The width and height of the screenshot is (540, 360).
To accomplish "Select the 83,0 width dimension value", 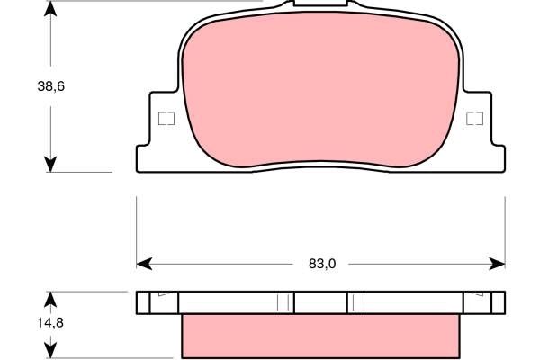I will (321, 264).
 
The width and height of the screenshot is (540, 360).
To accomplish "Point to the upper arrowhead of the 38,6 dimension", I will (51, 9).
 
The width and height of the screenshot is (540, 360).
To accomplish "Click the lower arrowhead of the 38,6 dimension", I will (51, 163).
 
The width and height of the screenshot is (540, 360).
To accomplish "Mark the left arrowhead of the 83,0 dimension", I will (143, 264).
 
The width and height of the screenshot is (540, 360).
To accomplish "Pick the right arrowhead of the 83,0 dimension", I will (499, 264).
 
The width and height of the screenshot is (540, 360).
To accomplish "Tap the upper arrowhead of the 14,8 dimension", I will (51, 299).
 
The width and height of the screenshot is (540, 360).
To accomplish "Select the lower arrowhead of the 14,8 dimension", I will (51, 349).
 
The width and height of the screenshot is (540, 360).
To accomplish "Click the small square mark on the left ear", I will (165, 118).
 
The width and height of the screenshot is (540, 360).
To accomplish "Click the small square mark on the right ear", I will (476, 118).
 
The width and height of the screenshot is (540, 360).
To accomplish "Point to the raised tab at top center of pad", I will (321, 6).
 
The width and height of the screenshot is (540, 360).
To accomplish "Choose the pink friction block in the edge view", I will (321, 335).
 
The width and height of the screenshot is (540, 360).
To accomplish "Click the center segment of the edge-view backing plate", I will (321, 301).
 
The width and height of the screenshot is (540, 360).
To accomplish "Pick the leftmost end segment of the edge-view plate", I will (157, 301).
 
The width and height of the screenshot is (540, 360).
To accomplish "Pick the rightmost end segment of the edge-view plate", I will (484, 301).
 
